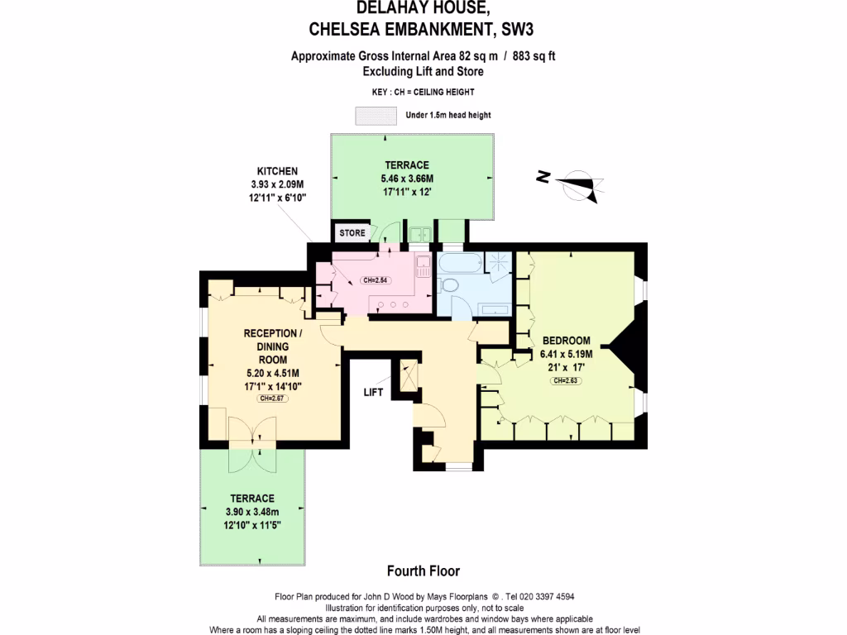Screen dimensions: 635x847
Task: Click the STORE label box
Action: pos(352,233)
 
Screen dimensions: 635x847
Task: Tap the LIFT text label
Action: pos(373,392)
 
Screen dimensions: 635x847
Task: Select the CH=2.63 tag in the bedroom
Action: pos(566,380)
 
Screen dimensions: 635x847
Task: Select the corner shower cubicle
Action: pos(500,265)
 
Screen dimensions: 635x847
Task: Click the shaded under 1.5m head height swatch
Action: pos(374,115)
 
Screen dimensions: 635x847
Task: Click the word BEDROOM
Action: pos(566,341)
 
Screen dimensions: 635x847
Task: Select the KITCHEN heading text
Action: pos(277,171)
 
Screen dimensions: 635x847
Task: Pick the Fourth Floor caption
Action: pos(423,571)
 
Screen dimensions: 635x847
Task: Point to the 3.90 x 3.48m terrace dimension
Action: pos(251,512)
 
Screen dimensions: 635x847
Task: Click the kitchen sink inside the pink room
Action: pos(423,267)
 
